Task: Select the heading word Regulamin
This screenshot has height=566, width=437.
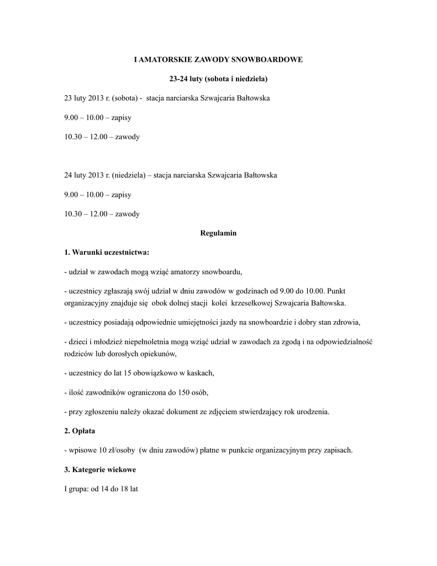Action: coord(218,233)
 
